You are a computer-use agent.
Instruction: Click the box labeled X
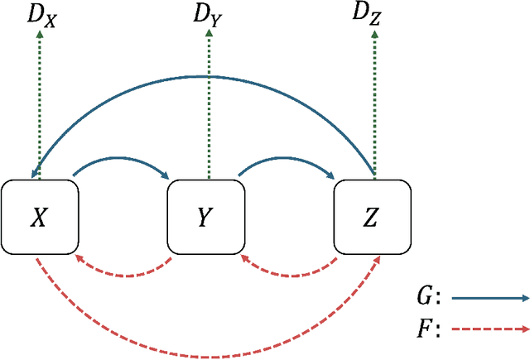tap(40, 217)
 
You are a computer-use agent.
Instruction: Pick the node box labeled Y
tap(206, 217)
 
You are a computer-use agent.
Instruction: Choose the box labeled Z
tap(372, 217)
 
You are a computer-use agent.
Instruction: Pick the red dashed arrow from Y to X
tap(124, 270)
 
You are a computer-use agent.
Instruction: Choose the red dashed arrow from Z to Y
tap(290, 270)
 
